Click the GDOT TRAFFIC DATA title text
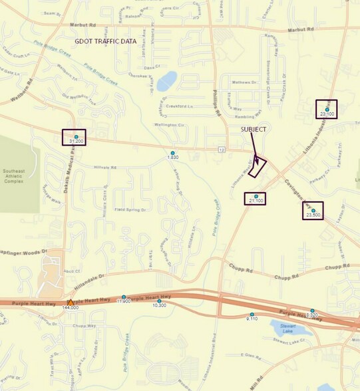105,41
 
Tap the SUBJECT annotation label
254,128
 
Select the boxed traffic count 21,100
256,200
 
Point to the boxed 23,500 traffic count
313,215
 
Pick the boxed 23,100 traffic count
327,114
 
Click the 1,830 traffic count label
172,157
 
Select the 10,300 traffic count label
159,305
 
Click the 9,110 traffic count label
252,319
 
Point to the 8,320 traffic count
313,315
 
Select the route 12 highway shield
220,150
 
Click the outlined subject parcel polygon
258,166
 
